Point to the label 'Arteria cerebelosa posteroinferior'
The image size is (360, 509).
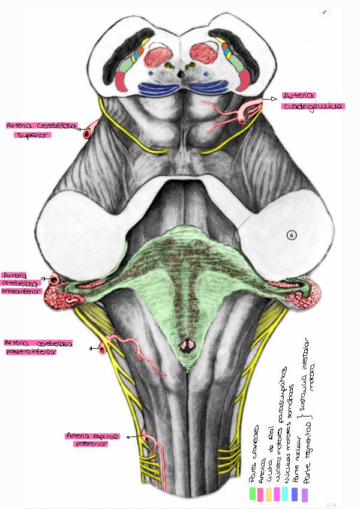pyautogui.click(x=38, y=348)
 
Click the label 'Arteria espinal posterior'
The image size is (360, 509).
pyautogui.click(x=93, y=440)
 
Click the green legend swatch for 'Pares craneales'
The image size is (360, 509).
pyautogui.click(x=253, y=493)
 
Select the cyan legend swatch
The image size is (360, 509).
pyautogui.click(x=285, y=493)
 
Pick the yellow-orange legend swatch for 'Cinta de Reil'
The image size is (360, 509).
pyautogui.click(x=269, y=493)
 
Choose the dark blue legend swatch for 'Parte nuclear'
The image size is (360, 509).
pyautogui.click(x=294, y=493)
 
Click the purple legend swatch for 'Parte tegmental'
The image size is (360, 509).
pyautogui.click(x=305, y=495)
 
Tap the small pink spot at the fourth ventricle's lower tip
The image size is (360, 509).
pyautogui.click(x=187, y=345)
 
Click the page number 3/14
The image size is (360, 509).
pyautogui.click(x=331, y=504)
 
